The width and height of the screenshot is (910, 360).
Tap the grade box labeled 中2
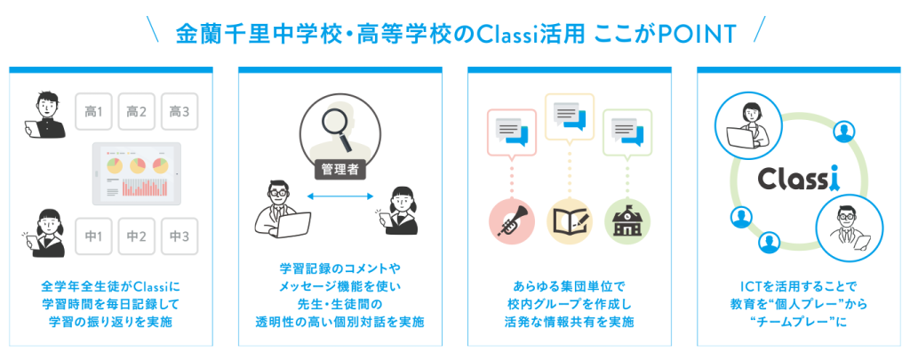(136, 236)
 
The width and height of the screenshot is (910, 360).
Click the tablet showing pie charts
(137, 173)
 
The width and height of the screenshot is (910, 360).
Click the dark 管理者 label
(339, 170)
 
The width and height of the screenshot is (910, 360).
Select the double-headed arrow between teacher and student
(339, 197)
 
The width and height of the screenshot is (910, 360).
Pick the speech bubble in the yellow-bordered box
(570, 116)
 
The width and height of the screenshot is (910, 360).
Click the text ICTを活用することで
(798, 286)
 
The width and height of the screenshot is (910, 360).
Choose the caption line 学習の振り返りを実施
(111, 323)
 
